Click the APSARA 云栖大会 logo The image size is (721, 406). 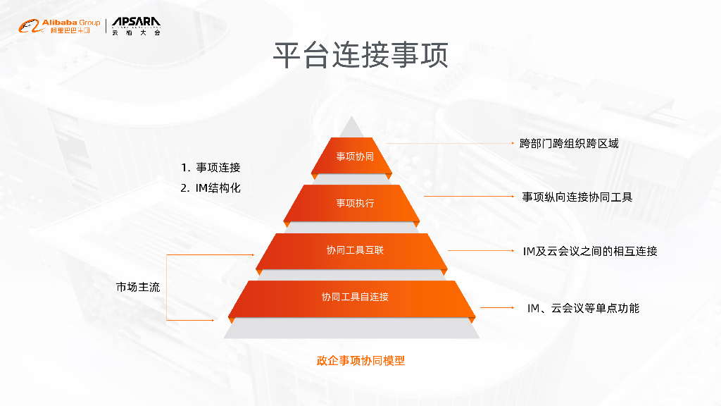point(136,27)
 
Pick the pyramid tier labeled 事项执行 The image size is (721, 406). point(355,203)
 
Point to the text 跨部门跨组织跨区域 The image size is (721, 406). point(569,143)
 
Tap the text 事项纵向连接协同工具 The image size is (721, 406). point(577,197)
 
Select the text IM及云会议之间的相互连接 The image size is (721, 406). point(589,251)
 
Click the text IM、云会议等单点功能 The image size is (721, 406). point(583,308)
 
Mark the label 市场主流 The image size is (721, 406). point(138,287)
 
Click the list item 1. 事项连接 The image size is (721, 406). point(211,168)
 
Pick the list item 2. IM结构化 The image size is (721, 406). point(211,188)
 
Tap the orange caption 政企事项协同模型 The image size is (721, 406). point(360,360)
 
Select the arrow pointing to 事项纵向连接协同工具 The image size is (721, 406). point(468,197)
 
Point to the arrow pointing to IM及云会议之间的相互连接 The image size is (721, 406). point(479,250)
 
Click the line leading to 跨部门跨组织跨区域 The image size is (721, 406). point(451,143)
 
